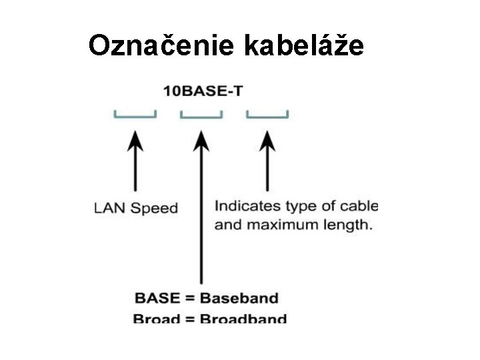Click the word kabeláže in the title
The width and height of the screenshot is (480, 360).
[x=305, y=45]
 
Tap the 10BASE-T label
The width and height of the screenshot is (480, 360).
[x=203, y=91]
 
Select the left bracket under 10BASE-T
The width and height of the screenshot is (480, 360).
[x=135, y=115]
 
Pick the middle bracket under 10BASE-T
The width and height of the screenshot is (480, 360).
[x=201, y=115]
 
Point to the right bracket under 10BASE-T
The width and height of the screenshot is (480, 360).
[x=267, y=115]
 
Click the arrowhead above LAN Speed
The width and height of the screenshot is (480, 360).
[x=135, y=140]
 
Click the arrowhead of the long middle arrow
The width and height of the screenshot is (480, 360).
[x=201, y=140]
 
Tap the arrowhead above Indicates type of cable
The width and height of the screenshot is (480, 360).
[x=267, y=140]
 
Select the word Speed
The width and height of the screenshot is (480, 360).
[x=154, y=208]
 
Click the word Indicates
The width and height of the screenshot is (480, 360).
[x=242, y=205]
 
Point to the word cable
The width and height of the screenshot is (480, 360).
[x=359, y=205]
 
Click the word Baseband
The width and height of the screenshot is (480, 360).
[x=239, y=298]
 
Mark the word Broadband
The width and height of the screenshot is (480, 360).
[x=243, y=319]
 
